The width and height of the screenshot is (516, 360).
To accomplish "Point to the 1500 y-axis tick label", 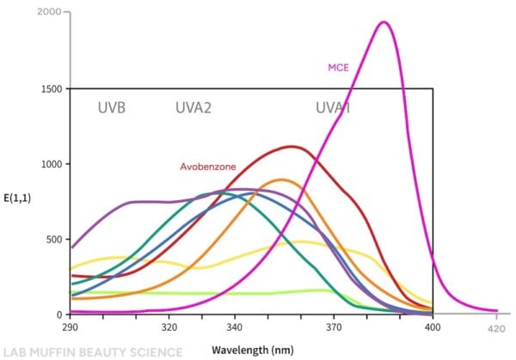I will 50,88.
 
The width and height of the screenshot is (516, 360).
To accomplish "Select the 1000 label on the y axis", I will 50,164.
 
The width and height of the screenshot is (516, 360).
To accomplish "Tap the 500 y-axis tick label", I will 53,239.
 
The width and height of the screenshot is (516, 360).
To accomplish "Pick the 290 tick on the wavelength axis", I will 71,327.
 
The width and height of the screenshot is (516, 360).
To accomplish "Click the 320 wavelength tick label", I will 169,327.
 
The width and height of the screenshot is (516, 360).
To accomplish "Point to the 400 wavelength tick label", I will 433,327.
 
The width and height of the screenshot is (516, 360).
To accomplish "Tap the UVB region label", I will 112,108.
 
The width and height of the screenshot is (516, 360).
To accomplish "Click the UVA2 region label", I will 194,108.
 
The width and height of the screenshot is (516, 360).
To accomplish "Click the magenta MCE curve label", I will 337,68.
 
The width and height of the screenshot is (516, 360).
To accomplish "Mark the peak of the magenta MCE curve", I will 384,22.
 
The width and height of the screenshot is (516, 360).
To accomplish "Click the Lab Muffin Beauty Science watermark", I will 93,351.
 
